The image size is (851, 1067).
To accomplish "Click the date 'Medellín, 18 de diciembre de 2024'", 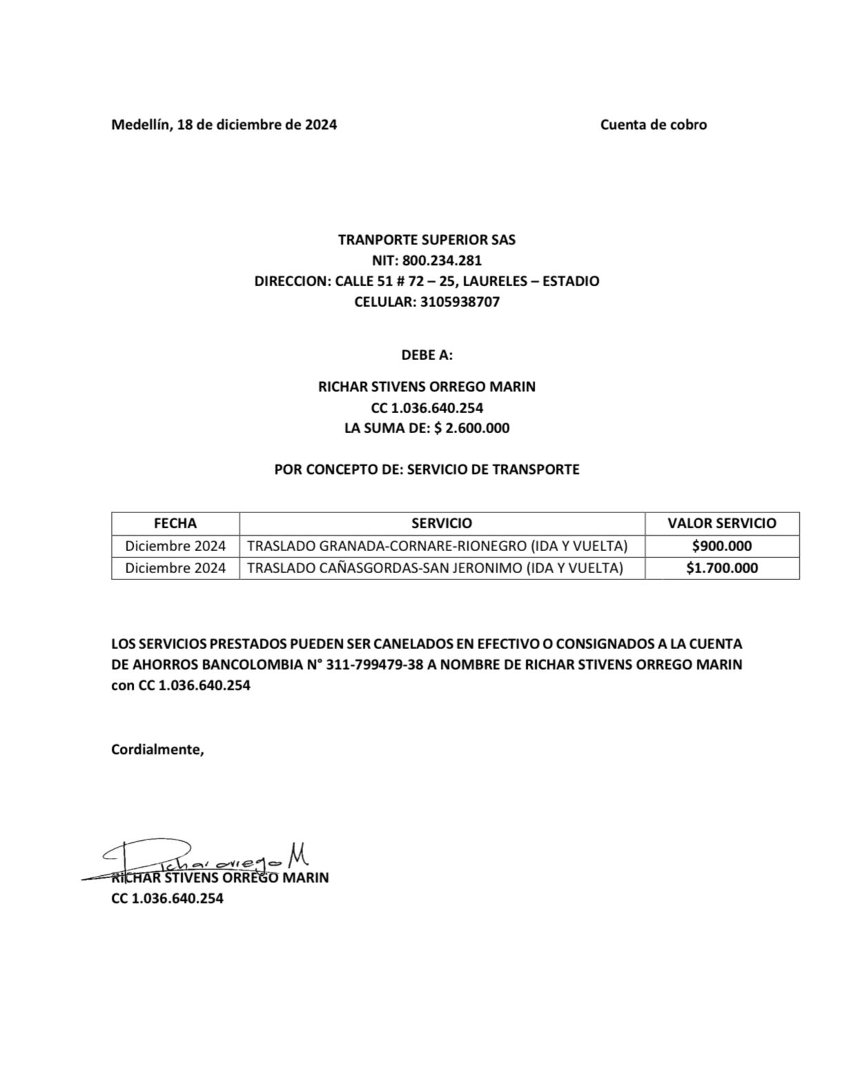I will pos(224,125).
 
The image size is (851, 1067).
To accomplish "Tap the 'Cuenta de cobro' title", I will pos(653,125).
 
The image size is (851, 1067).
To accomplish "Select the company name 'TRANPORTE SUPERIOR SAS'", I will pos(427,240).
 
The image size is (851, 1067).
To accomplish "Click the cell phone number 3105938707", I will pos(460,302).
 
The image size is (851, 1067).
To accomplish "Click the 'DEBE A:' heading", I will pos(427,355).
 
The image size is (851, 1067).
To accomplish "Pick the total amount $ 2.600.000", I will pos(472,428).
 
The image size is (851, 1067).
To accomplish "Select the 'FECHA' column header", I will pos(175,523).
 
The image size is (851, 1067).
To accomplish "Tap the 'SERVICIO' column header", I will pos(442,523).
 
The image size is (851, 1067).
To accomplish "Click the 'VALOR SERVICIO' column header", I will pos(721,523).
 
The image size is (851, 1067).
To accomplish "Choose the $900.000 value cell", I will pos(721,546).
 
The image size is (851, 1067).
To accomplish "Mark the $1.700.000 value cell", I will pos(721,568).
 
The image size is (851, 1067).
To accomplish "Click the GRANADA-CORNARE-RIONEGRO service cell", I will pos(437,546).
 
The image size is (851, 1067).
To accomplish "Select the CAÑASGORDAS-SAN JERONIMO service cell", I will pos(435,568).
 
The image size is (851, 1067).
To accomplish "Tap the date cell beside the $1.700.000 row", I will pos(175,568).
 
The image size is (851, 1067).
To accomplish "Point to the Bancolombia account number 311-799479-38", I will pos(373,666).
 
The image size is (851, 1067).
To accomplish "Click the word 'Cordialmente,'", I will pos(157,750).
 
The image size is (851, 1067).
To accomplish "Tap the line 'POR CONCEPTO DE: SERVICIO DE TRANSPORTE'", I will pos(427,470).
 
